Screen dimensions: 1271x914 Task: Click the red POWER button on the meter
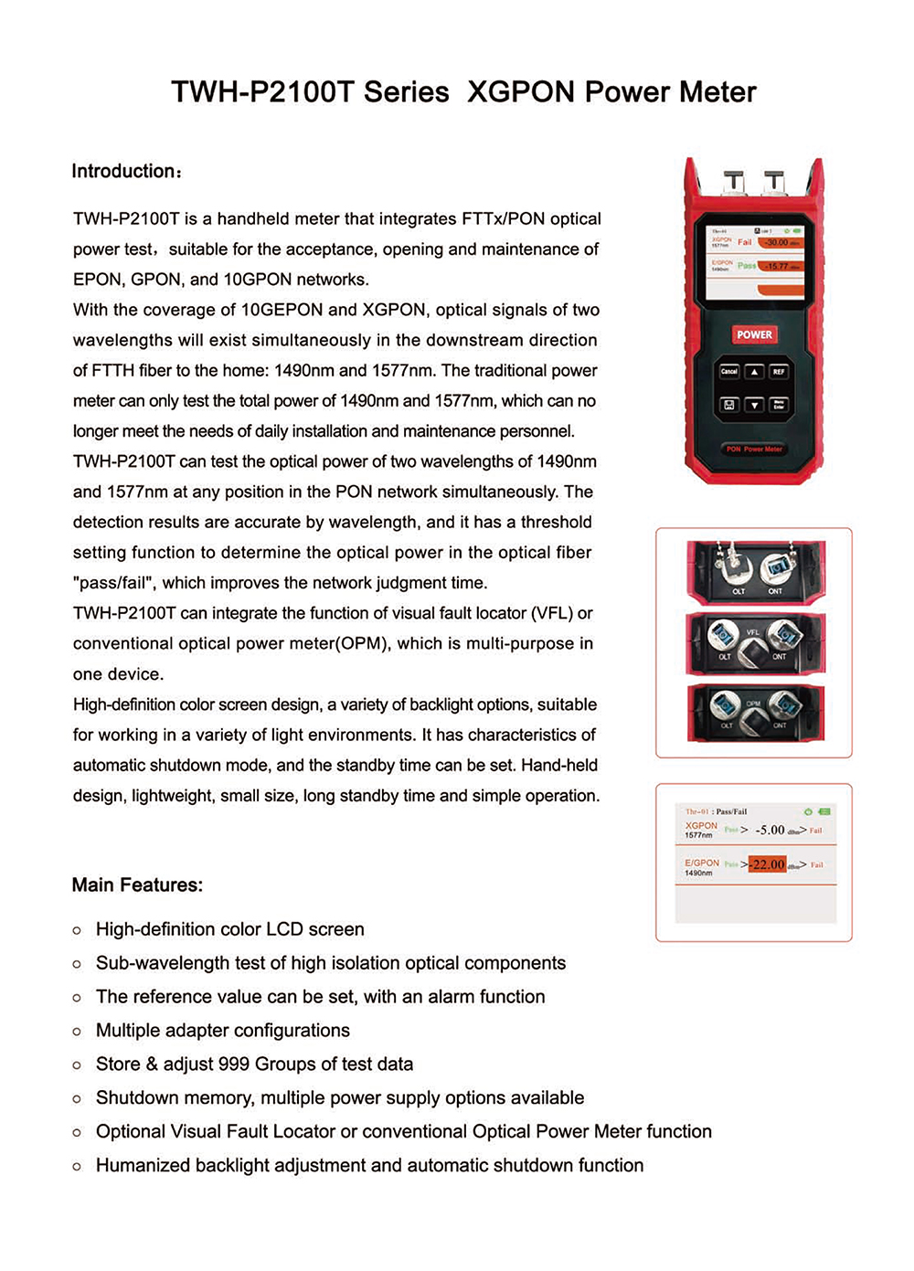click(754, 334)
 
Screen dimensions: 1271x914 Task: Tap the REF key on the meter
click(779, 372)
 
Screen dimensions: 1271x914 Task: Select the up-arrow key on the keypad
click(754, 372)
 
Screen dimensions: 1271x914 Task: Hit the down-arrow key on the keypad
click(754, 405)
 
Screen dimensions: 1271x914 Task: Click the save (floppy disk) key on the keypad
click(728, 405)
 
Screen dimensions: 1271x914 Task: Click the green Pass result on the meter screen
click(747, 266)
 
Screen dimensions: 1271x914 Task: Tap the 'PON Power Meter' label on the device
click(754, 450)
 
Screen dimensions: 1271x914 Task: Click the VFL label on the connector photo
click(753, 632)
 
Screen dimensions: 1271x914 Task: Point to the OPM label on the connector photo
click(753, 704)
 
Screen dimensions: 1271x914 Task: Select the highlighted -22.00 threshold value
click(767, 864)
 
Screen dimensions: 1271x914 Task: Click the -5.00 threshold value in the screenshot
click(770, 830)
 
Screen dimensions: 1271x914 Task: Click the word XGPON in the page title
click(521, 92)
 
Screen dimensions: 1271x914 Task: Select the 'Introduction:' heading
click(127, 172)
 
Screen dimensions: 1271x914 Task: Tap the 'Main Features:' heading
click(137, 884)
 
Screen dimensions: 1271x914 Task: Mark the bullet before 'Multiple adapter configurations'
click(77, 1032)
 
